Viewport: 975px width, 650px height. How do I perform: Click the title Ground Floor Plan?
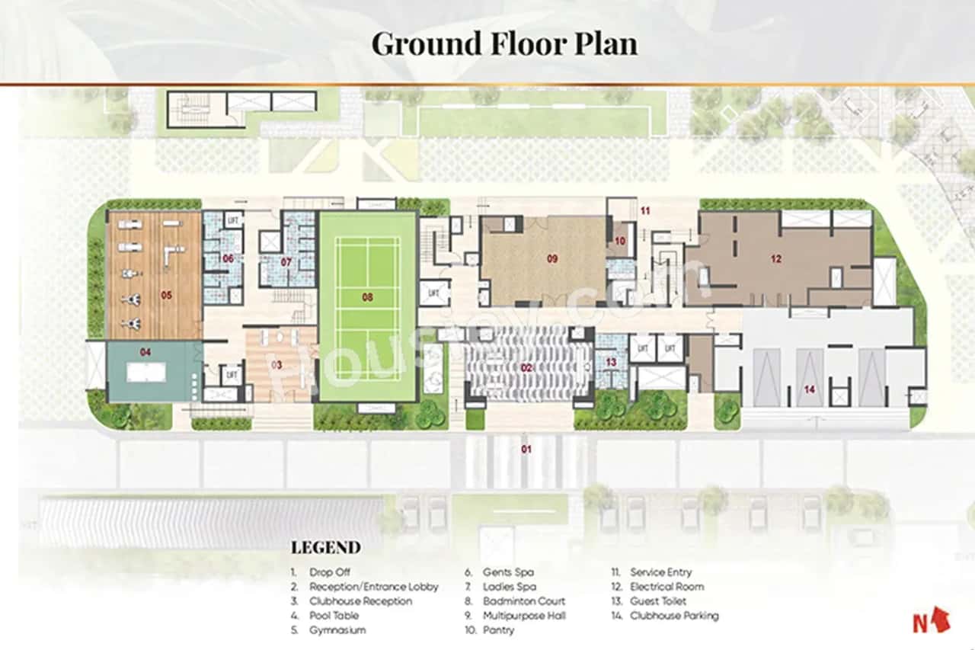[x=504, y=43]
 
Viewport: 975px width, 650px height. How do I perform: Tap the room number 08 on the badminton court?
[x=367, y=297]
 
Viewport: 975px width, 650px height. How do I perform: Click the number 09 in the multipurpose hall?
[x=552, y=258]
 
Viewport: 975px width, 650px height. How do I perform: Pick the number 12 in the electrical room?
[x=775, y=259]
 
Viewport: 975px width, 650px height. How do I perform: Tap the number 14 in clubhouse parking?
[x=809, y=389]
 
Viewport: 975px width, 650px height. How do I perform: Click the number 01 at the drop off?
[x=526, y=449]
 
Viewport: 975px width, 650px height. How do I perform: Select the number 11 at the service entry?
[x=644, y=210]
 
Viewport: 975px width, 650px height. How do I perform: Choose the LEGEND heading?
[x=325, y=547]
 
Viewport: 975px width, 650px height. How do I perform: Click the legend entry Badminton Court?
[x=524, y=601]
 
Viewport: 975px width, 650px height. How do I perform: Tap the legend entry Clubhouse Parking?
[x=673, y=616]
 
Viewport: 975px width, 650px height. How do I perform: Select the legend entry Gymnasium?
[x=337, y=630]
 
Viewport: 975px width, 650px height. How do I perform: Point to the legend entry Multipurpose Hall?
[x=524, y=616]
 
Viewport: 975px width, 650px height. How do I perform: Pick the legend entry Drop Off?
[x=331, y=572]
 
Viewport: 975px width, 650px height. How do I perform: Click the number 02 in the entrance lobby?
[x=526, y=368]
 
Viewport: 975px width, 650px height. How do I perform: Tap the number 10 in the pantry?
[x=620, y=241]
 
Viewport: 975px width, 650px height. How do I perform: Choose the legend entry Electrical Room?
[x=667, y=587]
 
